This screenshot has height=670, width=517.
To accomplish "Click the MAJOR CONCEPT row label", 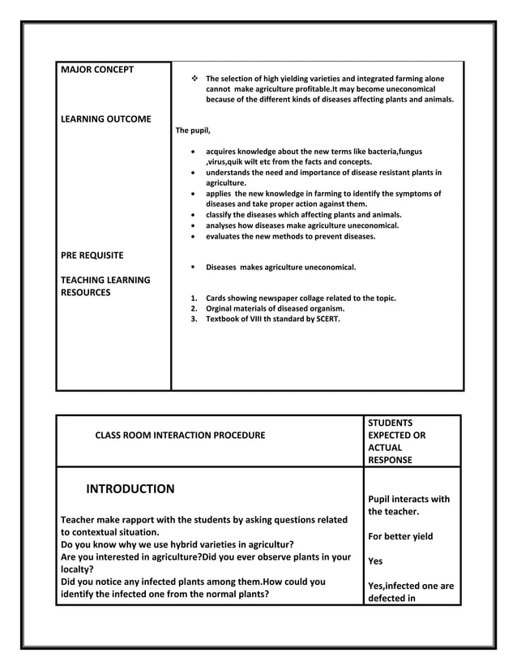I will [x=97, y=69].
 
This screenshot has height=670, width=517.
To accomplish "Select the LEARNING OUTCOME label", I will [x=106, y=119].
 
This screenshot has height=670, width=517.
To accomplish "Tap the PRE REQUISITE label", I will [x=92, y=256].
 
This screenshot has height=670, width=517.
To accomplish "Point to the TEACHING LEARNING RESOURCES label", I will [x=105, y=286].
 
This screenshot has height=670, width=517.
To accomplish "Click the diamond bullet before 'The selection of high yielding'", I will [x=194, y=79].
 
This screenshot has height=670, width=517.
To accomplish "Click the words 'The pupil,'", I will [x=193, y=130].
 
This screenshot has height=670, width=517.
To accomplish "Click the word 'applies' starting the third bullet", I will [x=219, y=194].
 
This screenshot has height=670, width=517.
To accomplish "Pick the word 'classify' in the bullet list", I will [x=220, y=215].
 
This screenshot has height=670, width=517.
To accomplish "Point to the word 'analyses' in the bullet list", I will [x=221, y=225].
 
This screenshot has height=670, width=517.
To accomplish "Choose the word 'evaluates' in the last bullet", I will [x=223, y=237].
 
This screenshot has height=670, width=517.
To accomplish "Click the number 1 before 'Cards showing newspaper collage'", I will [x=193, y=298].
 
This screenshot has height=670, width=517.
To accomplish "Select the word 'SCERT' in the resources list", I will [x=327, y=319].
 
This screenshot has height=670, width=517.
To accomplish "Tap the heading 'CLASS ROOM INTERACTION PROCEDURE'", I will [x=180, y=436].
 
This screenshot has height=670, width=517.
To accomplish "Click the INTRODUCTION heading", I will [x=130, y=489].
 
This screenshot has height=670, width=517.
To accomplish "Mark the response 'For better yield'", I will [x=400, y=536].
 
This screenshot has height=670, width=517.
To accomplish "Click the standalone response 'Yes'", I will [x=375, y=561].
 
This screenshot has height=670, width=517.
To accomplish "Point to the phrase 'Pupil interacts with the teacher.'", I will [x=408, y=505].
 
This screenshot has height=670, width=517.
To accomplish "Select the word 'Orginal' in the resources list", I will [x=220, y=308].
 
